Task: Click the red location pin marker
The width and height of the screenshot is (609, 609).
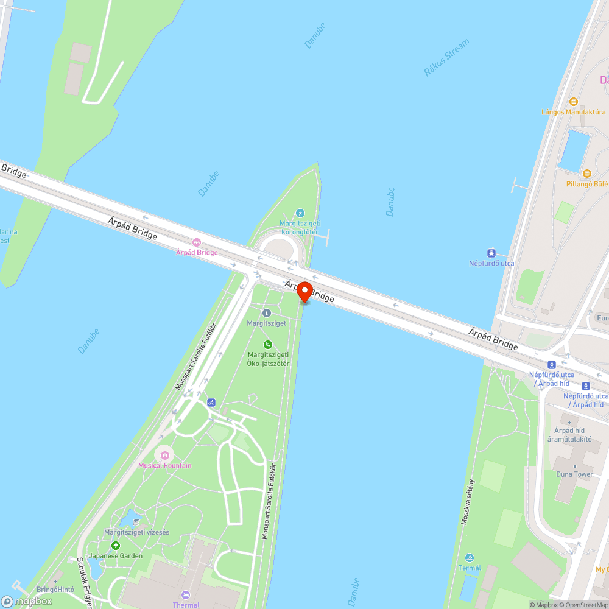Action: pyautogui.click(x=304, y=292)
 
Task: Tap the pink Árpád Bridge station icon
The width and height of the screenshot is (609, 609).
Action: pyautogui.click(x=196, y=242)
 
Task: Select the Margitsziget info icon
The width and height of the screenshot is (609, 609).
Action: pyautogui.click(x=266, y=313)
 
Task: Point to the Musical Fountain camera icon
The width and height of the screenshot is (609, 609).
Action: pyautogui.click(x=164, y=454)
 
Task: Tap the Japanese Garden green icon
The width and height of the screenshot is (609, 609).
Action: pyautogui.click(x=116, y=546)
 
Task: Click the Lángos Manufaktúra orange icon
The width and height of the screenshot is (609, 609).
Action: pyautogui.click(x=573, y=102)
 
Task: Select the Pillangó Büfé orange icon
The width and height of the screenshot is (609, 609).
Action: pyautogui.click(x=587, y=174)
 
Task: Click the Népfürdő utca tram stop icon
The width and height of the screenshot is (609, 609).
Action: pyautogui.click(x=491, y=253)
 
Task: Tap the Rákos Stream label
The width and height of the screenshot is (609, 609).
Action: pyautogui.click(x=446, y=58)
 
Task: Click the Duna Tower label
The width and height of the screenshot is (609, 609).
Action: pyautogui.click(x=574, y=474)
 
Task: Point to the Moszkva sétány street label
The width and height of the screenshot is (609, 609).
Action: pyautogui.click(x=468, y=501)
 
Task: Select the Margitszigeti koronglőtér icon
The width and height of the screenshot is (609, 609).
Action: pyautogui.click(x=300, y=213)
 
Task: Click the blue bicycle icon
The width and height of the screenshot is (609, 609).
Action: pyautogui.click(x=211, y=403)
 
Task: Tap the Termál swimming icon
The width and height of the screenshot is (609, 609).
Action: pyautogui.click(x=469, y=558)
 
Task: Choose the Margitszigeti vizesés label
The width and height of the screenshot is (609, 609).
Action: pyautogui.click(x=136, y=532)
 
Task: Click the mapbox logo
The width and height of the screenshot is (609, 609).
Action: pyautogui.click(x=27, y=601)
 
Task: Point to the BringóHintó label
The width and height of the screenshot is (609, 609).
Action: pyautogui.click(x=55, y=590)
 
